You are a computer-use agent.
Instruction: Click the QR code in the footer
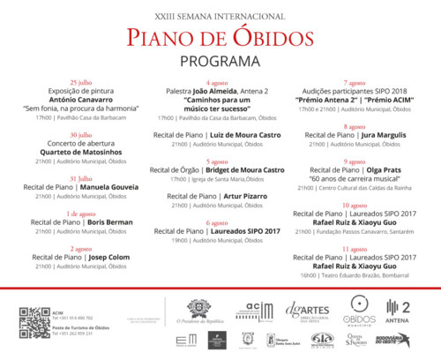[x=34, y=321]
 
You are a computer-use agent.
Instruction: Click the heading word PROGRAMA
[x=220, y=62]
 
